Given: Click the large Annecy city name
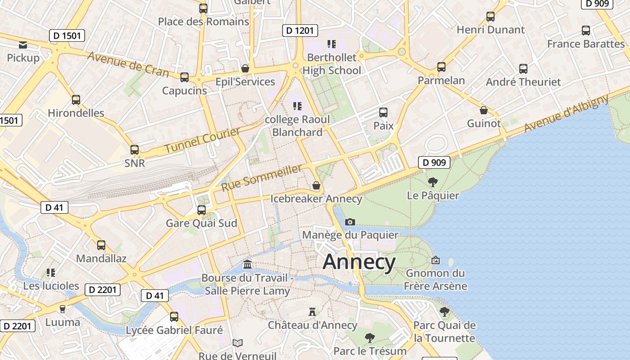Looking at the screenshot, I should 359,262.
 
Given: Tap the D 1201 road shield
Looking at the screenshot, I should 300,31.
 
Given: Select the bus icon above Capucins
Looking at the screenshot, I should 184,77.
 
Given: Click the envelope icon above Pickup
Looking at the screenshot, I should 23,45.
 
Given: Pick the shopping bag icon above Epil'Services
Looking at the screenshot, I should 245,68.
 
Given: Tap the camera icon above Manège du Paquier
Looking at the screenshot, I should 350,222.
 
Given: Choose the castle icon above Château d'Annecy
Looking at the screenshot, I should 312,311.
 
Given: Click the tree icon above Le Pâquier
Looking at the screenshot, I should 433,182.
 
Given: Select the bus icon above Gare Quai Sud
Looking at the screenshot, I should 202,210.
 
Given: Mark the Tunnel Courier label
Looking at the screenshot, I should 202,140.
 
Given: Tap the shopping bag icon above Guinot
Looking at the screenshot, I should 484,110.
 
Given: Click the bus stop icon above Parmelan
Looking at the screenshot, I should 441,67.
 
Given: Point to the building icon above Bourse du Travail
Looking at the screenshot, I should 247,264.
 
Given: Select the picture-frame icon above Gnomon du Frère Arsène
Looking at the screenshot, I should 435,260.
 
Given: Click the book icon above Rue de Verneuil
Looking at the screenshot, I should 238,343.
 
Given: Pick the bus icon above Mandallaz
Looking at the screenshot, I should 101,245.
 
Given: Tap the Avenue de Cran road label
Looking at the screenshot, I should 128,64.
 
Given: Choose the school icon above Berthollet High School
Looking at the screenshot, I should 332,44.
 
